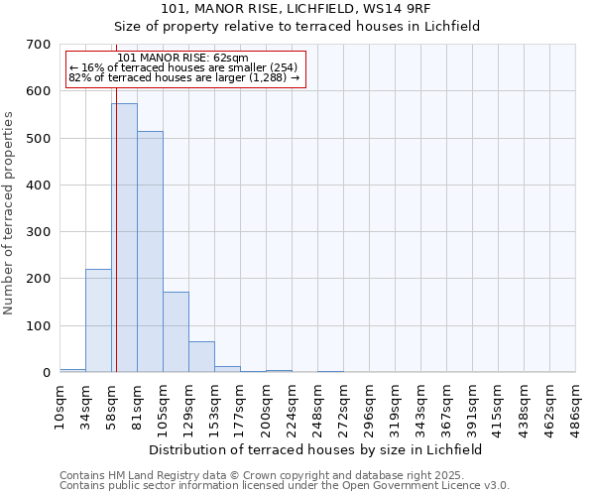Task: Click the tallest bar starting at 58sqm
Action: (x=124, y=238)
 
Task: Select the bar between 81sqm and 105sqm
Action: (x=150, y=252)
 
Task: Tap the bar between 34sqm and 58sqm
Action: (x=98, y=320)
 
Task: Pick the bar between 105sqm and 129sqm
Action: (x=176, y=332)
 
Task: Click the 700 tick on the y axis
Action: (x=39, y=45)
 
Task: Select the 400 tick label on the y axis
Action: (x=39, y=186)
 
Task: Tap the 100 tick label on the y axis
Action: (x=39, y=326)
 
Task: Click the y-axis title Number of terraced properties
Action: (x=10, y=212)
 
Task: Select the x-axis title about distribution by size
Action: (x=317, y=449)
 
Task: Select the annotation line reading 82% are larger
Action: (x=183, y=77)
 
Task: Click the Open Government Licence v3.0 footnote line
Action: (x=285, y=485)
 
